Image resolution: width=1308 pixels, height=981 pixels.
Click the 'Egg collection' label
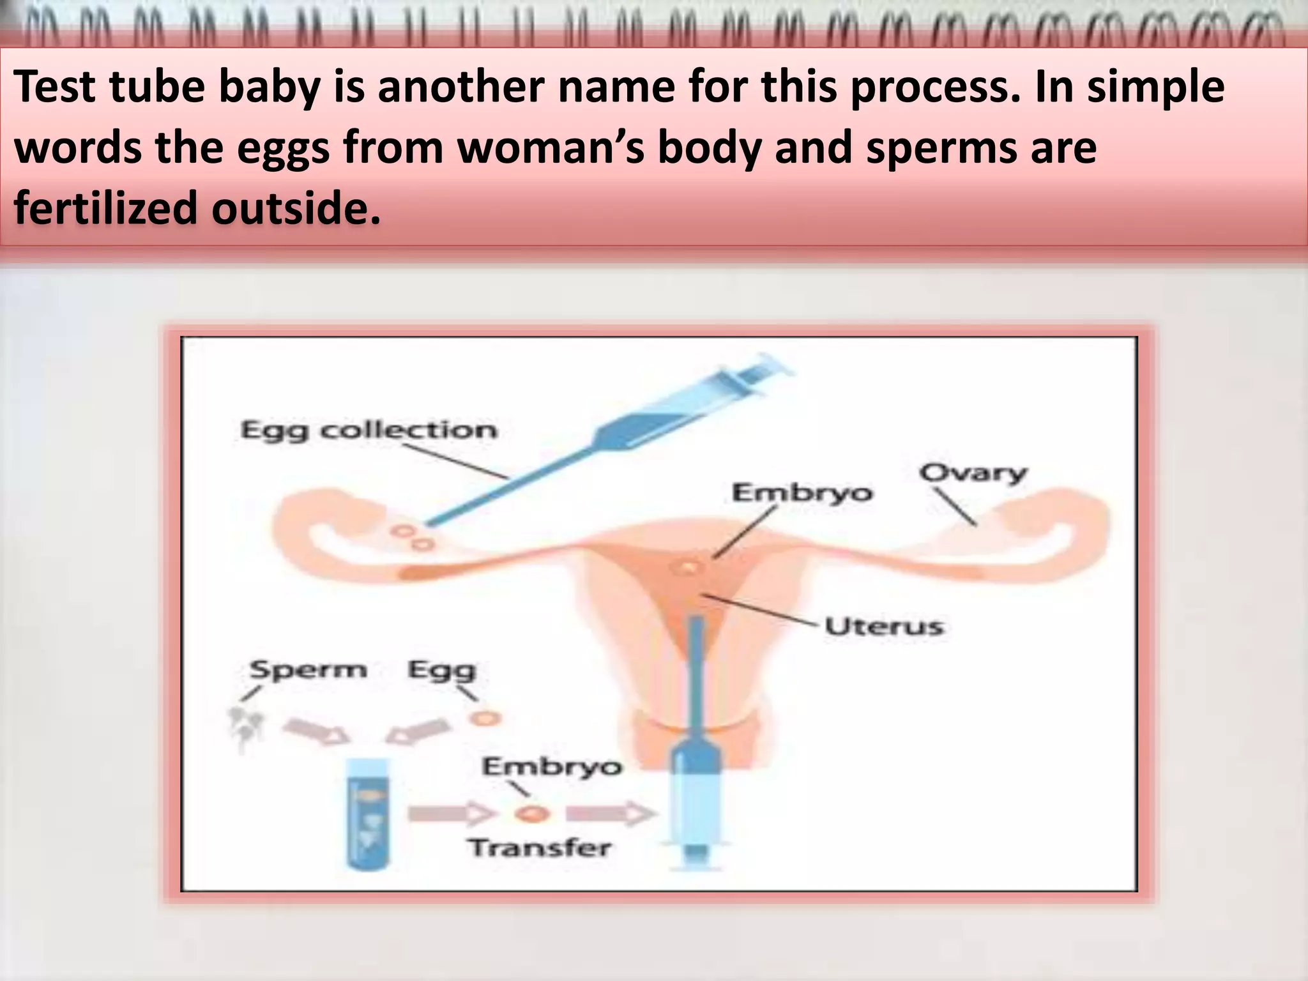pyautogui.click(x=369, y=430)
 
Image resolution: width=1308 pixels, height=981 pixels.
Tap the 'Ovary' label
pyautogui.click(x=973, y=473)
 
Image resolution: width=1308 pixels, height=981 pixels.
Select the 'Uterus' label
pyautogui.click(x=883, y=626)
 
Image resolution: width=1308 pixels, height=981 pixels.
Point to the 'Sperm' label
pyautogui.click(x=308, y=670)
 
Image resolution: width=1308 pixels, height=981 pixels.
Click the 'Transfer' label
pyautogui.click(x=540, y=848)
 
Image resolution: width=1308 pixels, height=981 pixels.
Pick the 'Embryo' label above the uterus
pyautogui.click(x=802, y=493)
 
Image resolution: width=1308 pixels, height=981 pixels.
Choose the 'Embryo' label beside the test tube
pyautogui.click(x=552, y=766)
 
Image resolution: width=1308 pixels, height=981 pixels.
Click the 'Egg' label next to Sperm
pyautogui.click(x=442, y=671)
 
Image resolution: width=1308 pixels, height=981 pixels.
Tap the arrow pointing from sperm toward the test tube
pyautogui.click(x=316, y=731)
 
